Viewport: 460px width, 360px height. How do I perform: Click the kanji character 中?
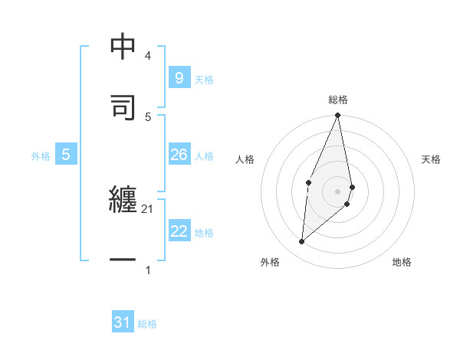pyautogui.click(x=123, y=47)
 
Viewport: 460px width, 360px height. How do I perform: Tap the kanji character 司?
pyautogui.click(x=123, y=105)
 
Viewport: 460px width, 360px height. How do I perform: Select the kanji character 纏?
pyautogui.click(x=123, y=201)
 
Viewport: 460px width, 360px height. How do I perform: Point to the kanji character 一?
pyautogui.click(x=123, y=261)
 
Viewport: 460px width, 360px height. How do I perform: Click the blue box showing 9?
pyautogui.click(x=179, y=77)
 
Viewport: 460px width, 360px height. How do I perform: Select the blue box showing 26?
pyautogui.click(x=179, y=155)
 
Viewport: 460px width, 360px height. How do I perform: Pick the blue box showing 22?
pyautogui.click(x=179, y=231)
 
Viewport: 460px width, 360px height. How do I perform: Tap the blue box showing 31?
pyautogui.click(x=123, y=322)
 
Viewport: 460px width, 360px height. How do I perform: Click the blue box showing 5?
pyautogui.click(x=66, y=155)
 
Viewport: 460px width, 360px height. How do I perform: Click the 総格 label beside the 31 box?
pyautogui.click(x=147, y=324)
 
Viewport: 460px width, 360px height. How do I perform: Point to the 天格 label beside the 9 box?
pyautogui.click(x=204, y=79)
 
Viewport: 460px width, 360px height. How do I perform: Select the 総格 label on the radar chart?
pyautogui.click(x=338, y=100)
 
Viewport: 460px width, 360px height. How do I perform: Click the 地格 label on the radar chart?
pyautogui.click(x=402, y=262)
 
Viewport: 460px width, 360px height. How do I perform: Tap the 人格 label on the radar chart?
pyautogui.click(x=245, y=159)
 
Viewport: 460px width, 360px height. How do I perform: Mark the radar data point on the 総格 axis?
pyautogui.click(x=338, y=116)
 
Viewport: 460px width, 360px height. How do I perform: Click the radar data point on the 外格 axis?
pyautogui.click(x=302, y=241)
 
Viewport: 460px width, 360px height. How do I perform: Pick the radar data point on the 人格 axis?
pyautogui.click(x=308, y=182)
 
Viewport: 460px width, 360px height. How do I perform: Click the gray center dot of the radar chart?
pyautogui.click(x=338, y=191)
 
